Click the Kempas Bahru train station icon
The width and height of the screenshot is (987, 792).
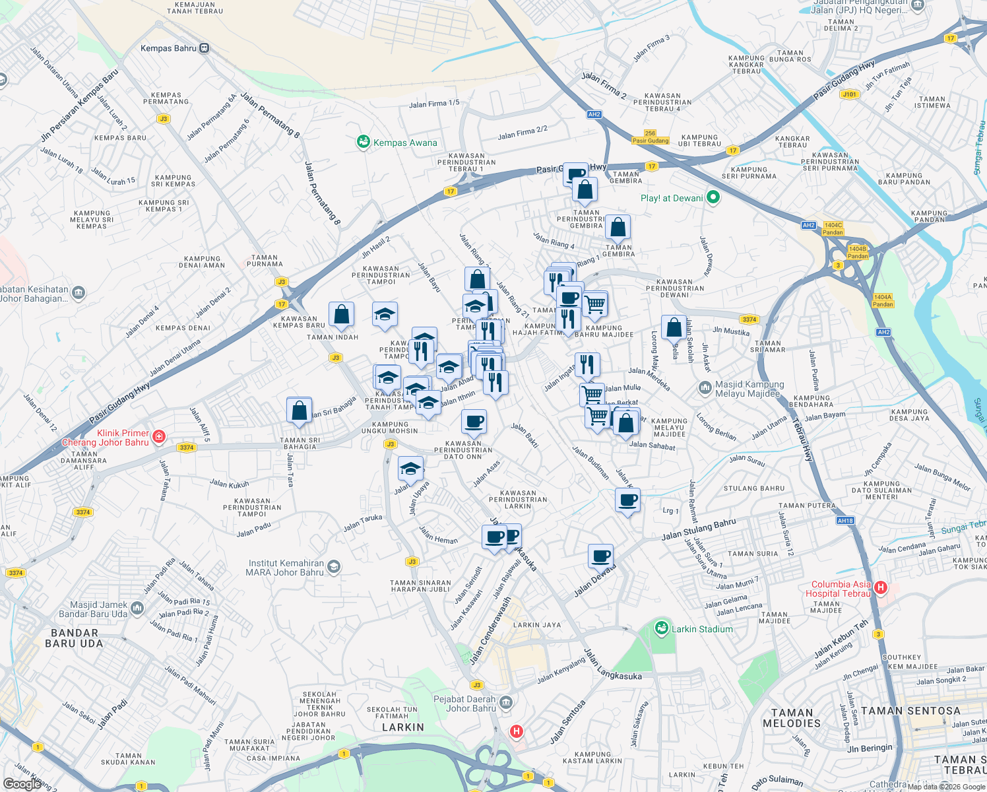205,48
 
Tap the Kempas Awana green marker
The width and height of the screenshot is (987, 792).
363,142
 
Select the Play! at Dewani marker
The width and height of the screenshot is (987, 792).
713,197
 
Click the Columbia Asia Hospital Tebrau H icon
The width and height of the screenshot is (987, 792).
880,587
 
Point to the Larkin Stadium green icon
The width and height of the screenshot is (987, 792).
661,629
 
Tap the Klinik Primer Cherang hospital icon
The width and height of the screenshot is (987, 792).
158,437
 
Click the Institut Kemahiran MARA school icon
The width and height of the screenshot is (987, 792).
334,567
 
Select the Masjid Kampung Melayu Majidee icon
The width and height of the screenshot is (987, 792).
705,388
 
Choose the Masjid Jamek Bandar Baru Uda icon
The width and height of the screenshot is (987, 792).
137,609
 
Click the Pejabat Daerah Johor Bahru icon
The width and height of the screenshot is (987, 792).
506,702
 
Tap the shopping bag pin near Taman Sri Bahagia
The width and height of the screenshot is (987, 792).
299,411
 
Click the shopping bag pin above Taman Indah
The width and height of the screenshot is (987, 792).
341,315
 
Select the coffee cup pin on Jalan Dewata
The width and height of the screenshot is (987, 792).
600,556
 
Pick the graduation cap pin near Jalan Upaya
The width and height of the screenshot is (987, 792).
410,469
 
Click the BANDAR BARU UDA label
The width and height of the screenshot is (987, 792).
74,638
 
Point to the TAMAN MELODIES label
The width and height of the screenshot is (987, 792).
792,718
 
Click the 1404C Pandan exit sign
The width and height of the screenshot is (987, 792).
833,228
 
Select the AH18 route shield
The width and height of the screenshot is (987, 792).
845,521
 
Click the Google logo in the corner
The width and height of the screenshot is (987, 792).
22,783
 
